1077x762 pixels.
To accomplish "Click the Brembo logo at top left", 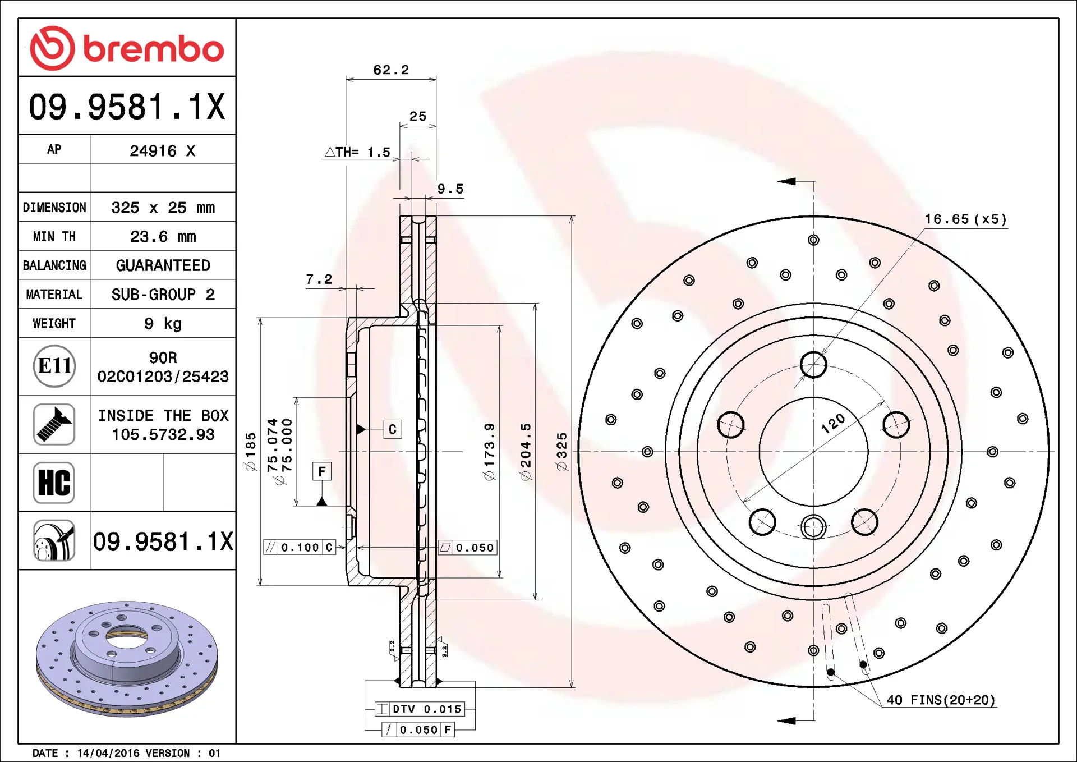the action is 127,48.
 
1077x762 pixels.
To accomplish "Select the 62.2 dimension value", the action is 391,70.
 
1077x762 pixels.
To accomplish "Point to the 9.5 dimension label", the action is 450,189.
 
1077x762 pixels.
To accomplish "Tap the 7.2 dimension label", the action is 319,279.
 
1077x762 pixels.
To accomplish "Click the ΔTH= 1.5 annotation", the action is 357,152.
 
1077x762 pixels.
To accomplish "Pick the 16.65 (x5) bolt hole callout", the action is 965,219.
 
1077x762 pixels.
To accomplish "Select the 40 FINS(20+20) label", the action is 941,700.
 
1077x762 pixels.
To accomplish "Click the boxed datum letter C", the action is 393,429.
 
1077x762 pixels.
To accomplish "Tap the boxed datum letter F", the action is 322,471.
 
